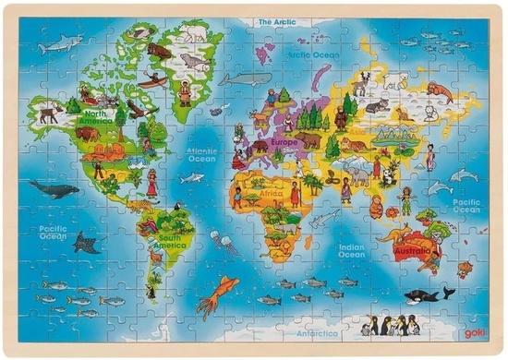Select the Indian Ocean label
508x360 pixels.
click(350, 248)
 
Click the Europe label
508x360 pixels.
click(284, 144)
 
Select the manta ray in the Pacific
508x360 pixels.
click(87, 245)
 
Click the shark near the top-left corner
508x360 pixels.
click(62, 42)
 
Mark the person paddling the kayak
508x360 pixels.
click(156, 79)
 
